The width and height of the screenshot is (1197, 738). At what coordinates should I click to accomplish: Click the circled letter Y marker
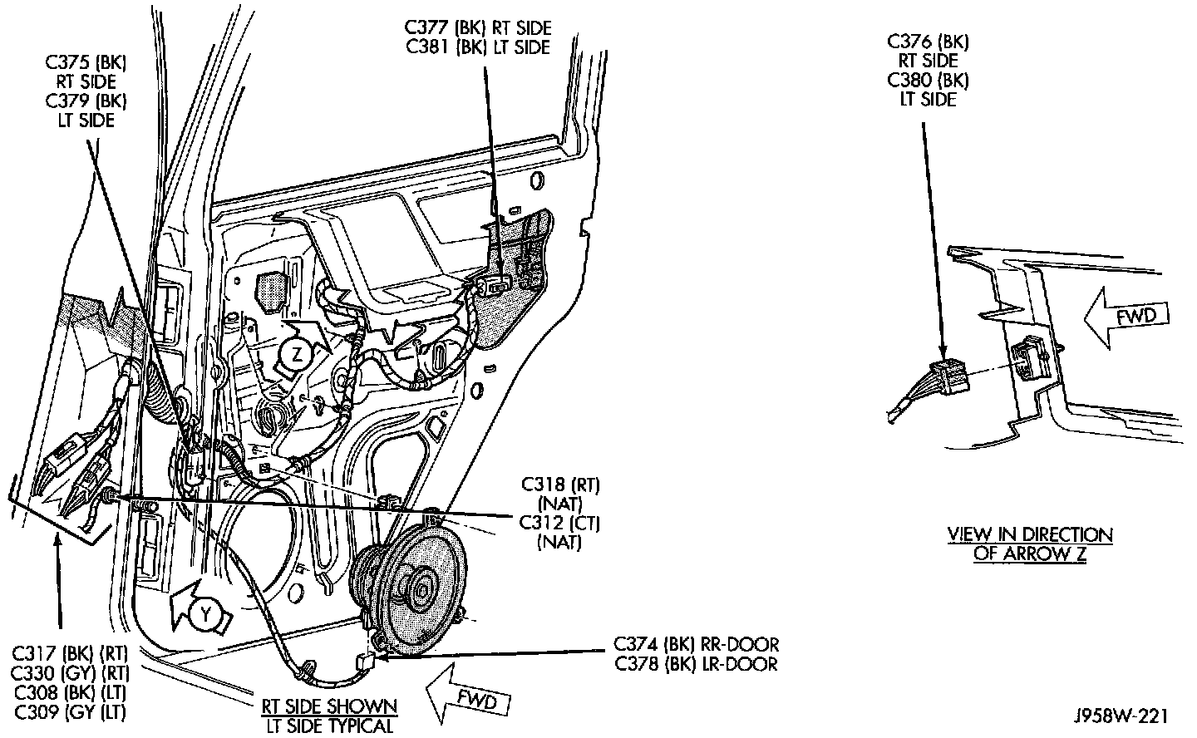point(202,614)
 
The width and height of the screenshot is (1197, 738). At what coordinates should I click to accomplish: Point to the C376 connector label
point(927,42)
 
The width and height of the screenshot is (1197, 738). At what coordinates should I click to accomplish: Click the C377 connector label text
point(479,29)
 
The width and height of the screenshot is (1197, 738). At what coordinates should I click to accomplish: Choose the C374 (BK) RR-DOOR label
point(697,644)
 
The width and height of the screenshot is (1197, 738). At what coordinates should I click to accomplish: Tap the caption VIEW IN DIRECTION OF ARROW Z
point(1030,544)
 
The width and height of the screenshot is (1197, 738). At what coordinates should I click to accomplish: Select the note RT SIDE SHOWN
point(330,707)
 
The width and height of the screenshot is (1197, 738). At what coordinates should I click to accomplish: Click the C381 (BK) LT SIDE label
point(479,47)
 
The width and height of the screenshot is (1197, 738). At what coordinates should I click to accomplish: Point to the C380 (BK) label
point(927,81)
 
